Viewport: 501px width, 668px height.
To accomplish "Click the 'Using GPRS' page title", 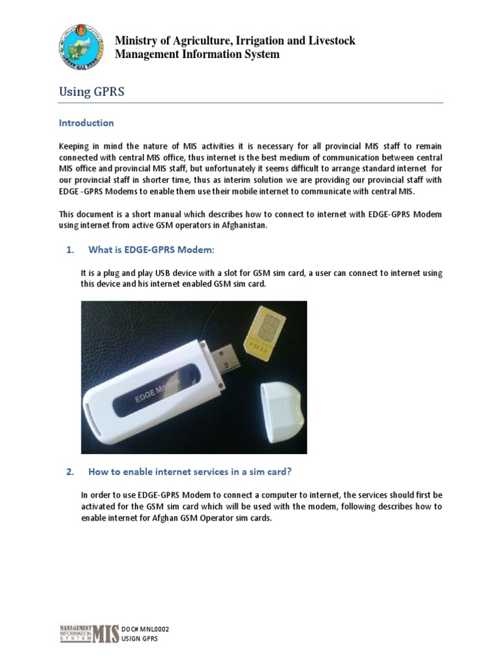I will (91, 92).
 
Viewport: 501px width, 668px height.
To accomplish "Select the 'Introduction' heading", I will (86, 123).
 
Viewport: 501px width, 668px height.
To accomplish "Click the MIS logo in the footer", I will (89, 633).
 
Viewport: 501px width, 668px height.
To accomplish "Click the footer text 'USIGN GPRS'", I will (140, 639).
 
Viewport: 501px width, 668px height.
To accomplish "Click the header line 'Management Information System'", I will (197, 54).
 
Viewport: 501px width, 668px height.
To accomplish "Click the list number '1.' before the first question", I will (71, 250).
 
